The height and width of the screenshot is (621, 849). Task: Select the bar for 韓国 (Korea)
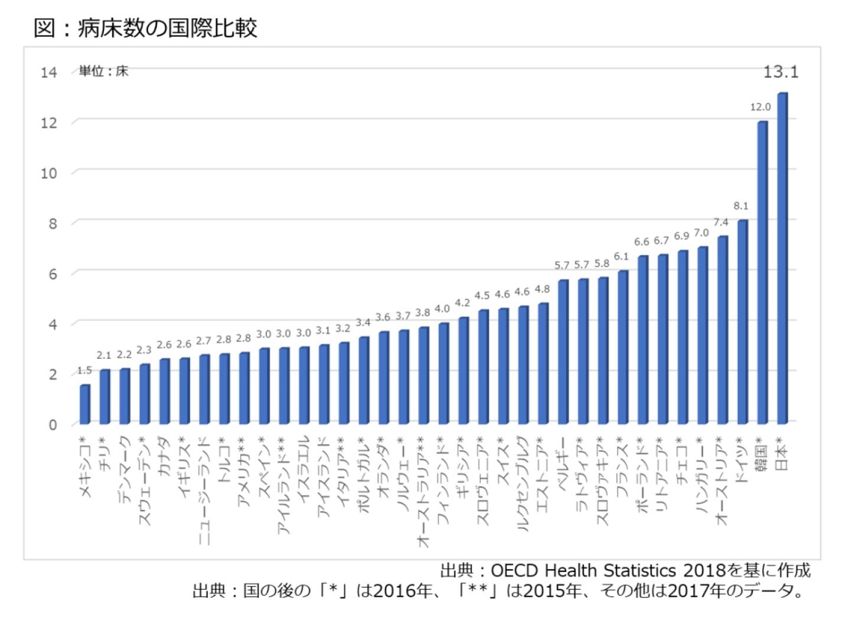762,272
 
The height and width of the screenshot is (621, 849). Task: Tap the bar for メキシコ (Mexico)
85,404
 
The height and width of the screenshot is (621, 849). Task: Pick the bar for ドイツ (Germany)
742,321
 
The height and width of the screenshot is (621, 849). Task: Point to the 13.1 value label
781,72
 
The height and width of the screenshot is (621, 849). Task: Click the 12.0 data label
760,107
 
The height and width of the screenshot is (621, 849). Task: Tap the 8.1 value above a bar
741,206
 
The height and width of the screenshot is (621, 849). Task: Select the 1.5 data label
84,370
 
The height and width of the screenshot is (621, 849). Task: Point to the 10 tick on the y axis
49,173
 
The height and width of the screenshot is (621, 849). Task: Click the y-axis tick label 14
49,73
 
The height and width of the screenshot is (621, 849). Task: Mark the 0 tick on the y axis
53,424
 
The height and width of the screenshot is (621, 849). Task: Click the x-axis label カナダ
164,456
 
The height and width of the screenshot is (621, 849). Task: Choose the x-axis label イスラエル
303,470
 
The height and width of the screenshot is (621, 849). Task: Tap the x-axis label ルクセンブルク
523,485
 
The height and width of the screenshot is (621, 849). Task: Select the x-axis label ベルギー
562,461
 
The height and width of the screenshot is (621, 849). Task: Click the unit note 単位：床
104,71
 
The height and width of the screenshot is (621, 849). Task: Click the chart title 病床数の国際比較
168,28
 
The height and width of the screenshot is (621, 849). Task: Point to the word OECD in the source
514,570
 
